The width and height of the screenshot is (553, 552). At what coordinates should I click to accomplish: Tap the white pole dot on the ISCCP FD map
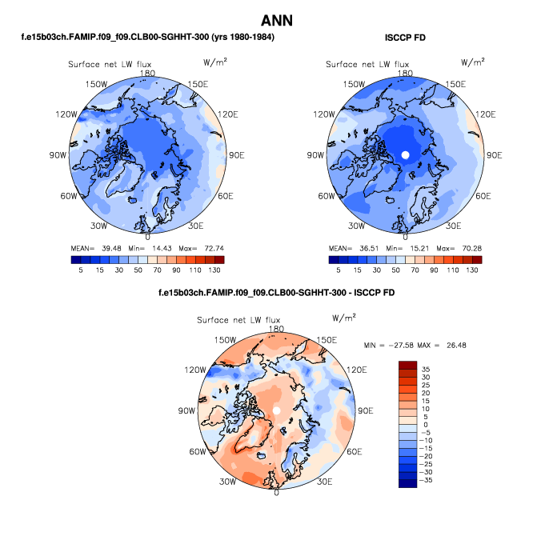pyautogui.click(x=405, y=154)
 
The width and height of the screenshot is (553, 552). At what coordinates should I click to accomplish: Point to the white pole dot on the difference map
pyautogui.click(x=276, y=410)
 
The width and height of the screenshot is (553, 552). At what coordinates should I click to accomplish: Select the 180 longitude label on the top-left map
pyautogui.click(x=147, y=73)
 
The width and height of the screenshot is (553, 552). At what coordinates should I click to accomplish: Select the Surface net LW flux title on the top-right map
pyautogui.click(x=367, y=64)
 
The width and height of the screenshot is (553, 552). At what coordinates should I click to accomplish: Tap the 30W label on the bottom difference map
pyautogui.click(x=227, y=482)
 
